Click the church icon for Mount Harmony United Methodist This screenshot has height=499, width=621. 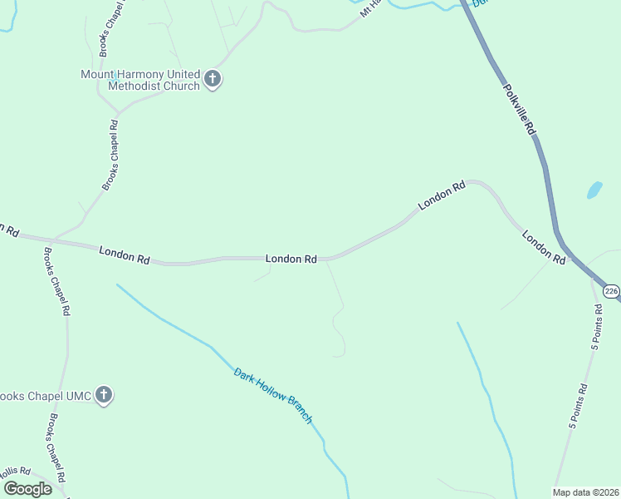(x=213, y=80)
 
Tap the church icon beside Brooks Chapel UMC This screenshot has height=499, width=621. (x=104, y=395)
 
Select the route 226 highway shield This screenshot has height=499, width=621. (x=611, y=291)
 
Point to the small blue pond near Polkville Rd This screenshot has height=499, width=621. (x=594, y=190)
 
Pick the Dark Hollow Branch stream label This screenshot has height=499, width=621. (x=273, y=396)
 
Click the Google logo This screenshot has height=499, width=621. (x=27, y=489)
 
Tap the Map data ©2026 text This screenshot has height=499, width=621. (x=586, y=492)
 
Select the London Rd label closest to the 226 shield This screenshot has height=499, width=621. (x=544, y=248)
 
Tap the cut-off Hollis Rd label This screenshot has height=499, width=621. (x=15, y=471)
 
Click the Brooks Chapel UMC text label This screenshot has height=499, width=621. (x=45, y=395)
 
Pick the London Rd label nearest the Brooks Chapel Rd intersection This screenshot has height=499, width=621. (x=124, y=254)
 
